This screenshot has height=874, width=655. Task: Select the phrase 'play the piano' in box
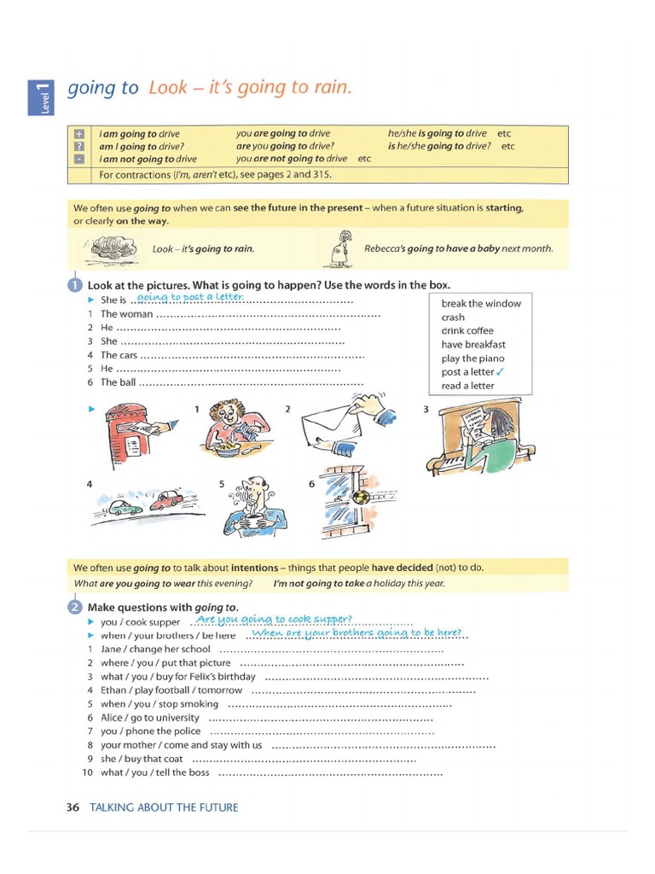coord(472,358)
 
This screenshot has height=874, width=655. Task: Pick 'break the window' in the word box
coord(481,304)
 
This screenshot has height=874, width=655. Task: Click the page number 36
coord(72,807)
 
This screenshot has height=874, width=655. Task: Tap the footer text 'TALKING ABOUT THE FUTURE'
coord(164,807)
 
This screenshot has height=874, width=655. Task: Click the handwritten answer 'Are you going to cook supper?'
coord(274,620)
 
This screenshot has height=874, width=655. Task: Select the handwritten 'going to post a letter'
coord(190,297)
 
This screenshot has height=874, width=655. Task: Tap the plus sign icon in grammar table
coord(79,134)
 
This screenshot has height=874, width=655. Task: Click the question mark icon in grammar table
coord(79,146)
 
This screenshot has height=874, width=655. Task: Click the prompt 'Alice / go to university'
coord(149,718)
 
